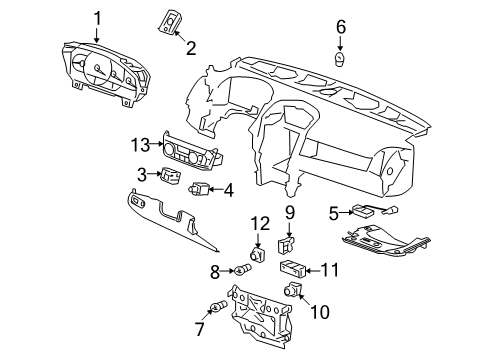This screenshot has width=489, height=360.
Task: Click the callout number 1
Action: point(97,18)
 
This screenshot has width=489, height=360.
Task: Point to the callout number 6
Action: point(340,27)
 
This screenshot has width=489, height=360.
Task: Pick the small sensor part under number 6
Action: point(340,59)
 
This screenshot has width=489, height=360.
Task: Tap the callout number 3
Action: point(143,175)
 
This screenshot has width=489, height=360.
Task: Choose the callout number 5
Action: point(334,211)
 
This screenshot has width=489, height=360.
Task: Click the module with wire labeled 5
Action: point(366,211)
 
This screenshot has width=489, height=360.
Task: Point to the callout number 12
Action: point(260,222)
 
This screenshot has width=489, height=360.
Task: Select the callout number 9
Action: point(289,211)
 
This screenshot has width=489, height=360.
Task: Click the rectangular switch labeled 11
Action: point(293,268)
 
